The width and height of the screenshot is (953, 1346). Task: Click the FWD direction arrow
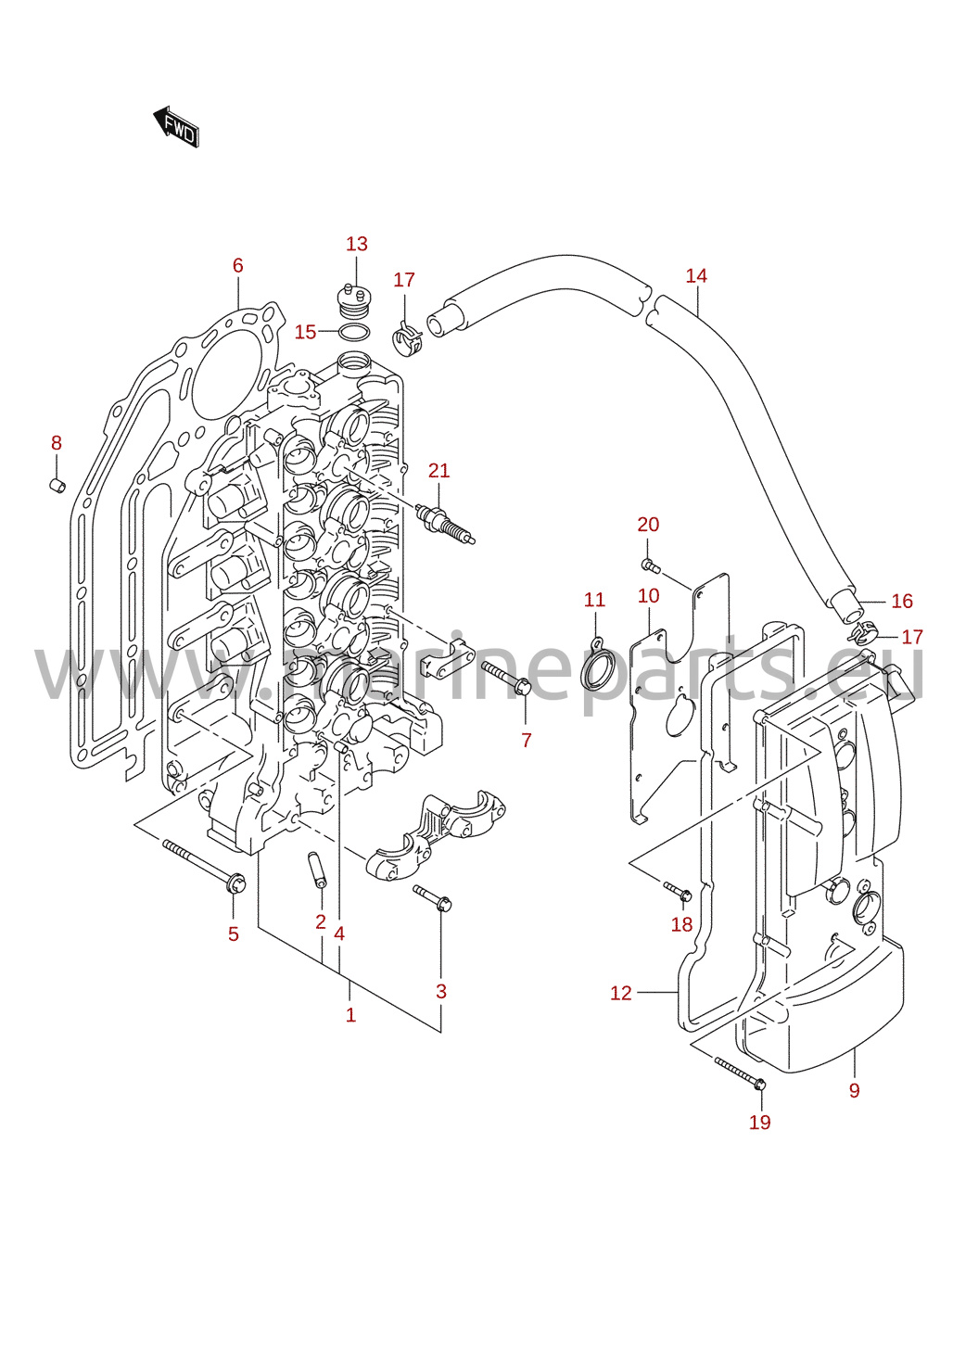click(176, 127)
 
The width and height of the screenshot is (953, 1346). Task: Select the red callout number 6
click(238, 265)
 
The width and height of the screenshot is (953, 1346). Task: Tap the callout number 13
click(356, 244)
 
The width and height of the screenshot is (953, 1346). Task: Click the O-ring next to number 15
click(354, 331)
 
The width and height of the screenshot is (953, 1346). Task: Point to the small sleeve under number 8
click(57, 485)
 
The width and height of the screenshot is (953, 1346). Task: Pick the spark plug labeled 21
click(446, 523)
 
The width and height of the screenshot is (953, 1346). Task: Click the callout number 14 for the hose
click(696, 276)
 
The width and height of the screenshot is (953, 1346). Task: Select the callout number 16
click(902, 601)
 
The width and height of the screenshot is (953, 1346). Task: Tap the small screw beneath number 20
click(651, 565)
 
